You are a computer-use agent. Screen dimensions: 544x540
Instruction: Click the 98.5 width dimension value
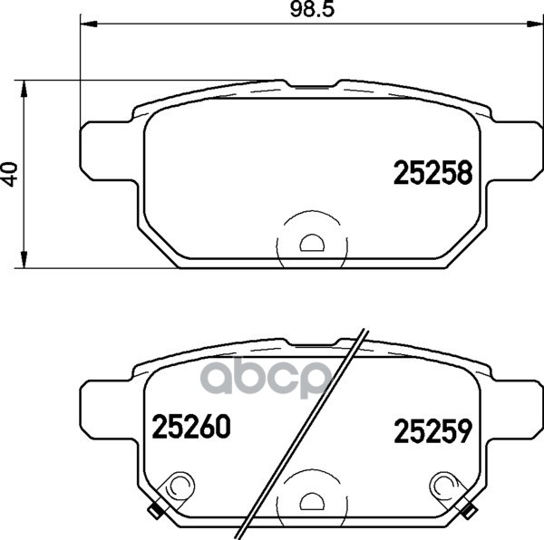click(x=312, y=9)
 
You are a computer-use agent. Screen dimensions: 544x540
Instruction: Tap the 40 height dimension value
click(x=9, y=174)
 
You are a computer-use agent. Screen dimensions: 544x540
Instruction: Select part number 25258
click(x=433, y=172)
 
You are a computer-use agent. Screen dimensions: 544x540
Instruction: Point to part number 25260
click(x=191, y=427)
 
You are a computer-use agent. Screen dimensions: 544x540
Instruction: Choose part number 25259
click(x=433, y=430)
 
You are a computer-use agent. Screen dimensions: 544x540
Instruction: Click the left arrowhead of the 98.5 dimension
click(x=89, y=24)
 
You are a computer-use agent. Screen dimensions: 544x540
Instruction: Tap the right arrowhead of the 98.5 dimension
click(x=534, y=24)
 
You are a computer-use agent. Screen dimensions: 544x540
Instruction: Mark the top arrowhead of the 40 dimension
click(x=24, y=89)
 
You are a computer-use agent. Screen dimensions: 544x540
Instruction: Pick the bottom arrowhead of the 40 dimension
click(x=24, y=260)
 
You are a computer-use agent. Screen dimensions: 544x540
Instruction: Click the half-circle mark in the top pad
click(x=312, y=243)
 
